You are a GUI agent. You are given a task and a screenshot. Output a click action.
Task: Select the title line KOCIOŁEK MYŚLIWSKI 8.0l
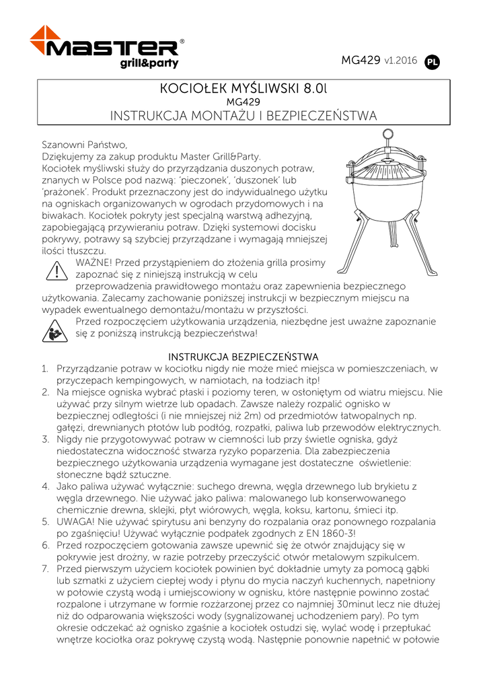tap(243, 89)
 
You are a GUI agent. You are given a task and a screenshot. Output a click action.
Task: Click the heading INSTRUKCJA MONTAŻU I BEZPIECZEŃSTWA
tap(243, 116)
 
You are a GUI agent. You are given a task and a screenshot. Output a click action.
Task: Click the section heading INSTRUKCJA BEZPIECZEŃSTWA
tap(243, 356)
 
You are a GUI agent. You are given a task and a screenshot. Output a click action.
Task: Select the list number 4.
tap(44, 486)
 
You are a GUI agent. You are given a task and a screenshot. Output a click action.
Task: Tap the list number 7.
tap(44, 569)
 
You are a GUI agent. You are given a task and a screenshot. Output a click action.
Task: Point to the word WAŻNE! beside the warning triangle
tap(96, 262)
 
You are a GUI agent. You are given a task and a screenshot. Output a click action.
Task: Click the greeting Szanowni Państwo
tap(84, 144)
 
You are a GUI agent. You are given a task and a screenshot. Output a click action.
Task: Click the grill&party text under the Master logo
tap(149, 64)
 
